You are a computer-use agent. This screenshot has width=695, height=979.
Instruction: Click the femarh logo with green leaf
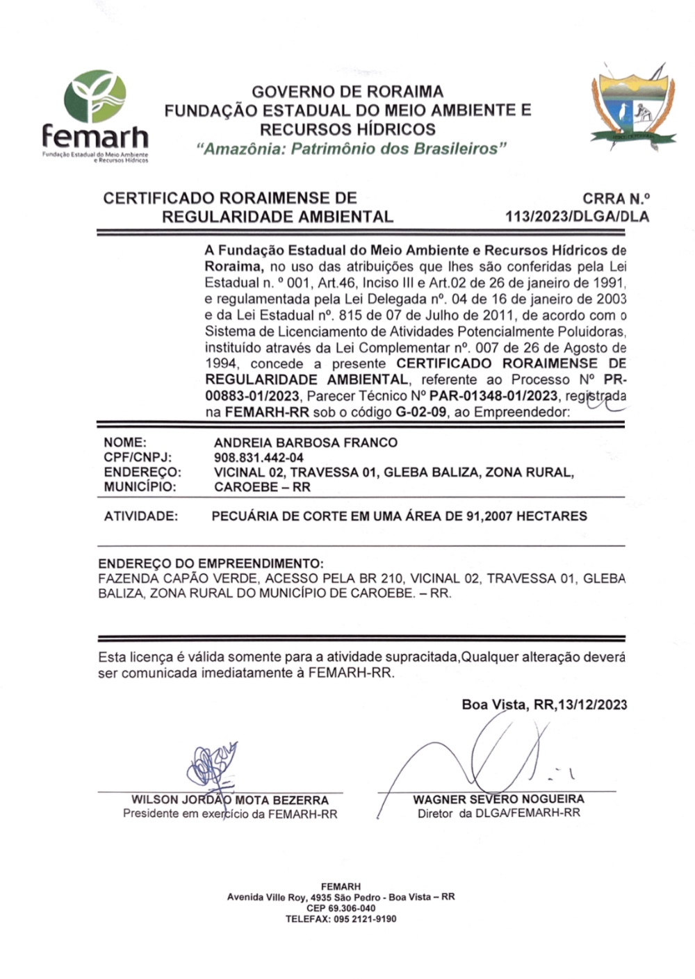pyautogui.click(x=95, y=115)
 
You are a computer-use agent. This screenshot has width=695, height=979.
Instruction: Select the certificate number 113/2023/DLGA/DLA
pyautogui.click(x=577, y=217)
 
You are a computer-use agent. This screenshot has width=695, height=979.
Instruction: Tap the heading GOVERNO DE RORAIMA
pyautogui.click(x=347, y=92)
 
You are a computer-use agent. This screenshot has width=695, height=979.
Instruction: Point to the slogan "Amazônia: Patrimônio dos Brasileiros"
pyautogui.click(x=352, y=149)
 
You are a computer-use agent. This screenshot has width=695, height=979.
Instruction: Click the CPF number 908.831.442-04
pyautogui.click(x=259, y=458)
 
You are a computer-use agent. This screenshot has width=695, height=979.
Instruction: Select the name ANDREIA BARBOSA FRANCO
pyautogui.click(x=306, y=443)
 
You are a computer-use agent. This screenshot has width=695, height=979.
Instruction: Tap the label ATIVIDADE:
pyautogui.click(x=140, y=516)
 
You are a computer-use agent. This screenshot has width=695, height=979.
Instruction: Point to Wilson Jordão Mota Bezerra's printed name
pyautogui.click(x=230, y=800)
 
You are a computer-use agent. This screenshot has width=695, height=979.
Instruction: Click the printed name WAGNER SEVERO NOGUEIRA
pyautogui.click(x=498, y=799)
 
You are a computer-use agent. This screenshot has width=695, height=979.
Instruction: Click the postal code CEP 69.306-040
pyautogui.click(x=341, y=908)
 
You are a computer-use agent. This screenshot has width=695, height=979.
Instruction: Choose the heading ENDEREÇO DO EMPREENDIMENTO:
pyautogui.click(x=211, y=563)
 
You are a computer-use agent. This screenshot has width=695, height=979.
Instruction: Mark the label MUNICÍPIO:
pyautogui.click(x=140, y=487)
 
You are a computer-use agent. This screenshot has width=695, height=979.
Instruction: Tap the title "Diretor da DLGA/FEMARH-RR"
pyautogui.click(x=498, y=813)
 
